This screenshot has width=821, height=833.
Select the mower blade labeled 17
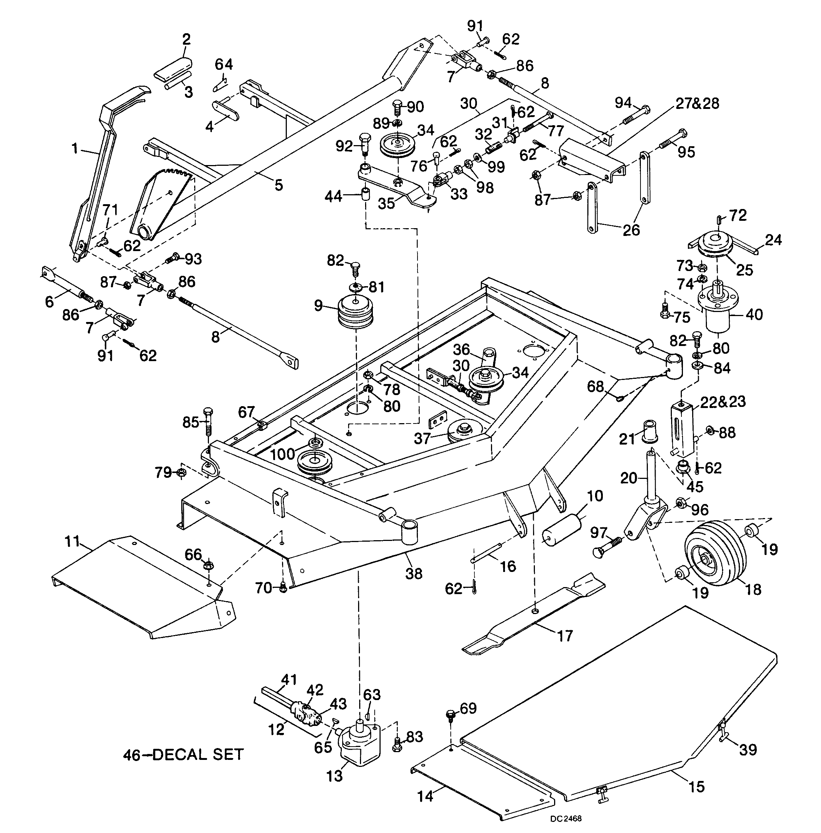[533, 615]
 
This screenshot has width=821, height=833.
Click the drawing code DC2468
[566, 818]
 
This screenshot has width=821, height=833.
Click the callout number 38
[414, 573]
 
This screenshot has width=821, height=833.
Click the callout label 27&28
[697, 103]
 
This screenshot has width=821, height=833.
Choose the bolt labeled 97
[608, 546]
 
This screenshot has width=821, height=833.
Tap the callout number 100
[282, 454]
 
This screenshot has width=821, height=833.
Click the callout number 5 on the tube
[279, 185]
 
